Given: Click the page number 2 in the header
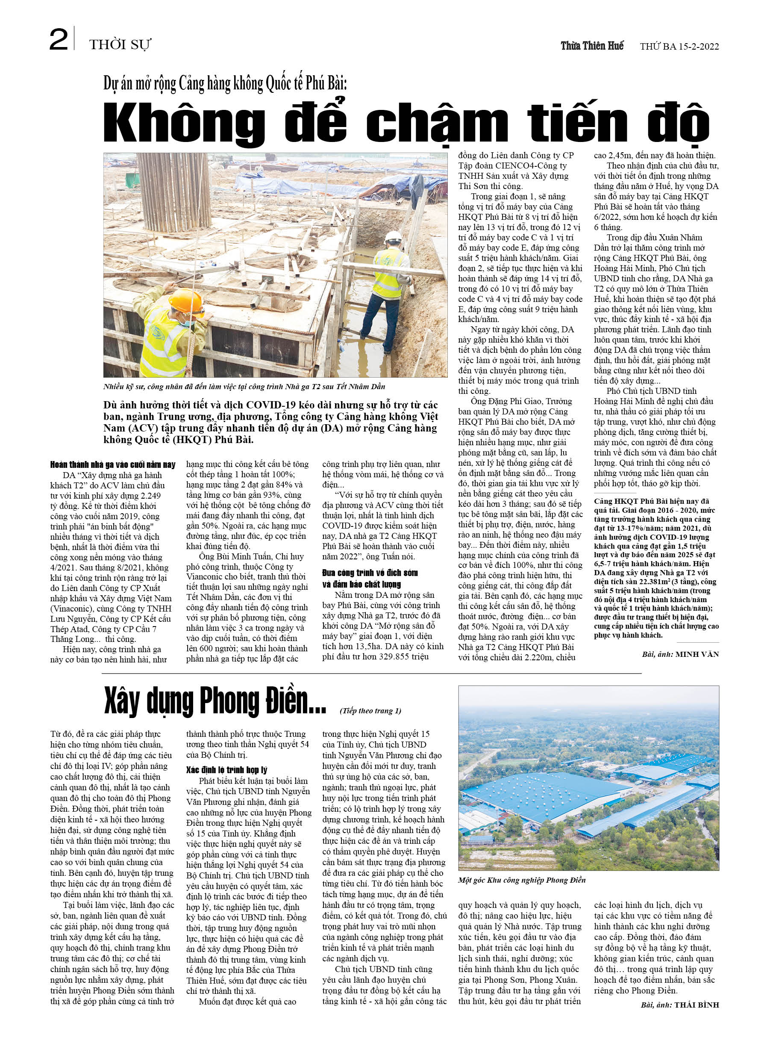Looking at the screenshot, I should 59,40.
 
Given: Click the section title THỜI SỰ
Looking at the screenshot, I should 120,45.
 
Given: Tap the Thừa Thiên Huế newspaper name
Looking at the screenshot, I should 592,46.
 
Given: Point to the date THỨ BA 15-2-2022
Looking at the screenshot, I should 679,46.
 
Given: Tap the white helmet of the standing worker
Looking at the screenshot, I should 393,237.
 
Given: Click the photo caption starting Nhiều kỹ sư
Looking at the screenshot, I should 244,387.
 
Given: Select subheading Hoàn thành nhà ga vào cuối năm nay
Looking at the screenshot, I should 113,464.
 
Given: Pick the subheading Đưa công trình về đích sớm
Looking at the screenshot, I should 369,573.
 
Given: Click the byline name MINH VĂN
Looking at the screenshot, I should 697,654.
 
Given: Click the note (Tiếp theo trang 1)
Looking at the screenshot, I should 370,711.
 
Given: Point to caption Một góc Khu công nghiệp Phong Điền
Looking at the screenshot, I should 522,880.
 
